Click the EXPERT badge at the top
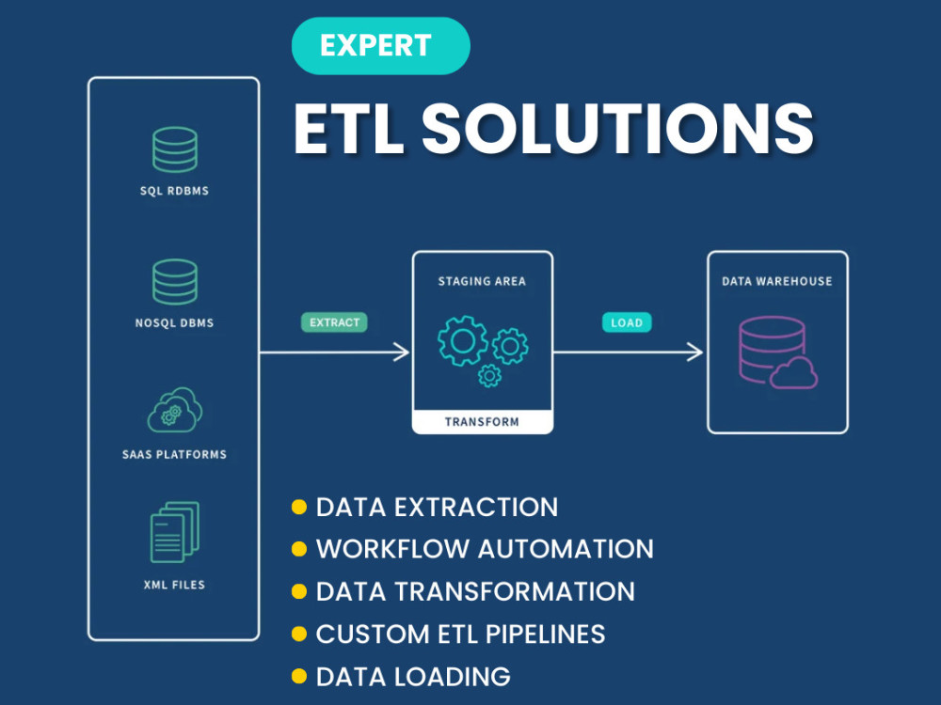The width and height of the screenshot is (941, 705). tap(380, 45)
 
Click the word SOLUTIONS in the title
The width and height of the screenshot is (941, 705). tap(617, 128)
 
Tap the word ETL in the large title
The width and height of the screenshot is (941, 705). tap(349, 128)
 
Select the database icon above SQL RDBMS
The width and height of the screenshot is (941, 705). tap(175, 149)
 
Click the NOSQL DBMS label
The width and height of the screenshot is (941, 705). tap(175, 322)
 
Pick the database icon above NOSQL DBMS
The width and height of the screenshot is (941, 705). tap(175, 282)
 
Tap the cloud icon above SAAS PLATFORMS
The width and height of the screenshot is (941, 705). tap(175, 410)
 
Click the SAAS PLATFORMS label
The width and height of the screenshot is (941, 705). tap(175, 454)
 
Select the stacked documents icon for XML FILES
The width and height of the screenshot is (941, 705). tap(175, 532)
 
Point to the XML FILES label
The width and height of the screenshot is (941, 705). tap(175, 585)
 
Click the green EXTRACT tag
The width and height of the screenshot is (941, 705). tap(334, 322)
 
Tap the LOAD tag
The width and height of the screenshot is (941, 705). tap(627, 322)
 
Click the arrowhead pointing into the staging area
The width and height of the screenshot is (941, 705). tap(402, 352)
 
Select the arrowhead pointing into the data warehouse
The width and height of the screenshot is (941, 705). tap(695, 352)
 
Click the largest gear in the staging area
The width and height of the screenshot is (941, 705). tap(463, 341)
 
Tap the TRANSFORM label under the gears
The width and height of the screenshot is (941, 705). tap(482, 421)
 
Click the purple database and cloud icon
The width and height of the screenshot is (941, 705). tap(778, 352)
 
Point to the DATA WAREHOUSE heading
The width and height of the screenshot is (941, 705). tap(777, 281)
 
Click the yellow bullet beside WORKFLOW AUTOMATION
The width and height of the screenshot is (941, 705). tap(299, 549)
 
